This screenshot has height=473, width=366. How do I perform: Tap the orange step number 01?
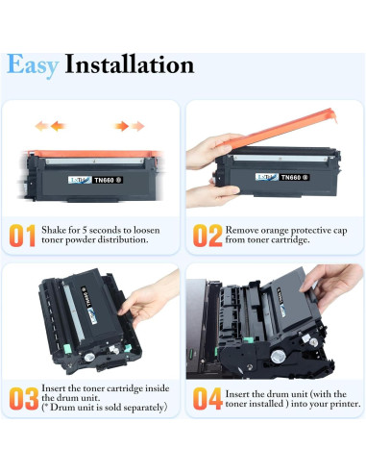pyautogui.click(x=24, y=236)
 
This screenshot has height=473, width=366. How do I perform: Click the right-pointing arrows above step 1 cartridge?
pyautogui.click(x=128, y=126)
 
